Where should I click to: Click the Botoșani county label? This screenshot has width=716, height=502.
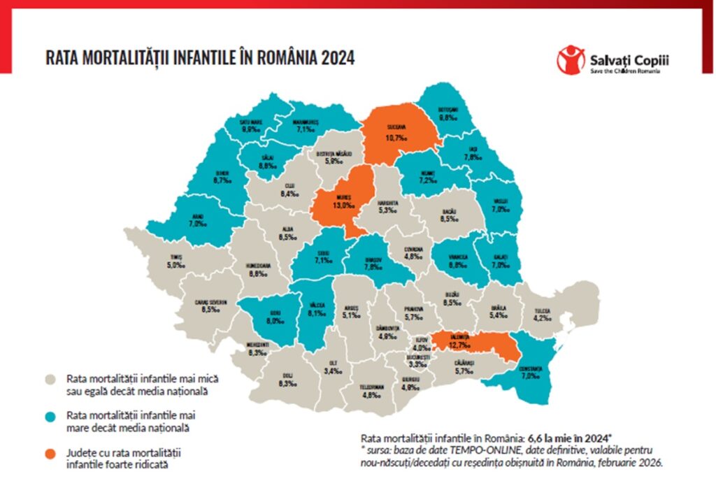pyautogui.click(x=447, y=110)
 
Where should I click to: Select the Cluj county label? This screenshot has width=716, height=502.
pyautogui.click(x=289, y=187)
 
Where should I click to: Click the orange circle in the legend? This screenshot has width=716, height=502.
pyautogui.click(x=50, y=455)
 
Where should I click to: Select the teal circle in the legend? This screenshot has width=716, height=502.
pyautogui.click(x=50, y=417)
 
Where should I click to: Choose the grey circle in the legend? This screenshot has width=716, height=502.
pyautogui.click(x=50, y=380)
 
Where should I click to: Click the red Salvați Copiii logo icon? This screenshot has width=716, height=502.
pyautogui.click(x=571, y=59)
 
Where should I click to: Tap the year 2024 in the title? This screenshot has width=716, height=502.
pyautogui.click(x=338, y=58)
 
